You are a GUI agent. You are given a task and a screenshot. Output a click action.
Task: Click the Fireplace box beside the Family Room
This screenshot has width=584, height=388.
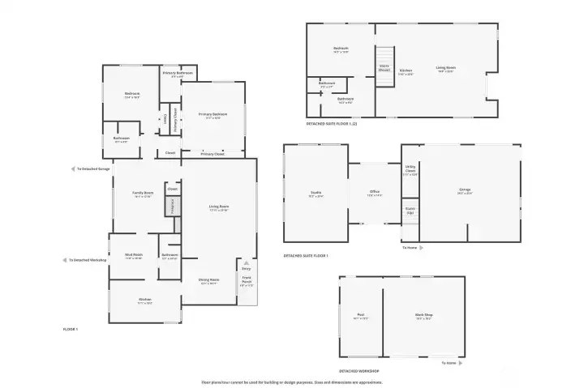(x=172, y=207)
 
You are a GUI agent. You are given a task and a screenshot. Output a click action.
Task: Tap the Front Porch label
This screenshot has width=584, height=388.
(x=247, y=284)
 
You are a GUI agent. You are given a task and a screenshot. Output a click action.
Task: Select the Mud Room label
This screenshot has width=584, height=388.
(x=134, y=256)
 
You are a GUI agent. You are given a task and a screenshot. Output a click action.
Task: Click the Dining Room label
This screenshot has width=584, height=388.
(x=209, y=281)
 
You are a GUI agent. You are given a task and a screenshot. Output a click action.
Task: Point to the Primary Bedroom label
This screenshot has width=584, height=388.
(x=213, y=116)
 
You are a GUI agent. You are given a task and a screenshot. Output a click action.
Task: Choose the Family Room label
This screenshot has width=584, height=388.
(x=143, y=194)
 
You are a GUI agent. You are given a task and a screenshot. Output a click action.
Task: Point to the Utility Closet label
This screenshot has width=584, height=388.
(x=410, y=171)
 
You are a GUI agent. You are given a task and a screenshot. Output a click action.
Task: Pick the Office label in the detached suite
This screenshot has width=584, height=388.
(x=375, y=194)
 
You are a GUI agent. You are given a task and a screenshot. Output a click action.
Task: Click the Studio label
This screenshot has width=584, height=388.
(x=316, y=194)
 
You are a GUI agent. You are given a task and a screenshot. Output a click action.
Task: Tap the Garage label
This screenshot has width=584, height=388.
(x=465, y=191)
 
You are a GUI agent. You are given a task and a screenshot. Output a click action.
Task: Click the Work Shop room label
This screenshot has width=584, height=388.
(x=423, y=317)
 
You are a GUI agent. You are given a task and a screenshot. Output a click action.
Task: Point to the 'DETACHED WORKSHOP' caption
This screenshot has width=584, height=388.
(x=359, y=371)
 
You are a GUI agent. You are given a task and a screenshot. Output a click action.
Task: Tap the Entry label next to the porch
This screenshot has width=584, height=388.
(x=246, y=267)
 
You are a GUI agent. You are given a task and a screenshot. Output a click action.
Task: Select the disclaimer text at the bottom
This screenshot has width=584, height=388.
(x=292, y=382)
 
